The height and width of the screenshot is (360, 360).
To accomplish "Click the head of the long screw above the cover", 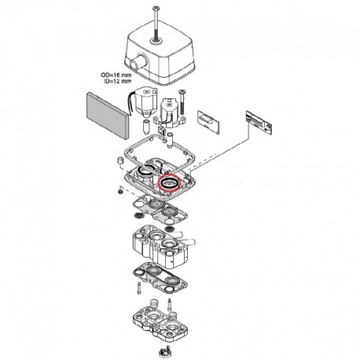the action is [156, 9].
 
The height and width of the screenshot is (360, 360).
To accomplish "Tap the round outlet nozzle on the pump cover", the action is [140, 61].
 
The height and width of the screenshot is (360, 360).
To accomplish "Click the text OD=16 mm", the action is [116, 75].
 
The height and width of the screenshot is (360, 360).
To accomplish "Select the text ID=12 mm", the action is [118, 81].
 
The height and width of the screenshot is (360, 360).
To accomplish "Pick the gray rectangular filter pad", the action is [108, 115].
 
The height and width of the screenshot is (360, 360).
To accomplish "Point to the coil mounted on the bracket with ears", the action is [170, 112].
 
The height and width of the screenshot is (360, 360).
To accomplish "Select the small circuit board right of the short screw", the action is [208, 122].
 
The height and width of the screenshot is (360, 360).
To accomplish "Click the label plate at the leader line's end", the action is [259, 123].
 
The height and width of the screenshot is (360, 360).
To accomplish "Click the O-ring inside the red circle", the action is [169, 182].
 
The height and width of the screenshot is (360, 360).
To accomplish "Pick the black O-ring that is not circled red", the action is [145, 170].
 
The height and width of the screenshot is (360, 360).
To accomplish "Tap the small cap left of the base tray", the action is [120, 160].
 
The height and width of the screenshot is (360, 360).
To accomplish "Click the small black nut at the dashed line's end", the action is [120, 192].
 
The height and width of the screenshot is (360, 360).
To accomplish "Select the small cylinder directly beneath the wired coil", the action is [146, 126].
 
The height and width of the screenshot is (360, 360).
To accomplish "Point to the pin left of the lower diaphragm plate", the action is [139, 288].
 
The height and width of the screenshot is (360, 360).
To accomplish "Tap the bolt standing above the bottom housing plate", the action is [169, 305].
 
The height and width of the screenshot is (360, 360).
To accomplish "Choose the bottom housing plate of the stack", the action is [160, 324].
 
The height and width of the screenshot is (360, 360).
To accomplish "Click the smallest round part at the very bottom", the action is [165, 351].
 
